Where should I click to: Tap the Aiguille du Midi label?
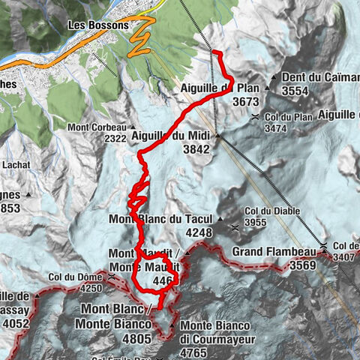[172, 136]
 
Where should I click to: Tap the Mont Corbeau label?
[97, 127]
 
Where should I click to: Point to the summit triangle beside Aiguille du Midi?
[217, 136]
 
